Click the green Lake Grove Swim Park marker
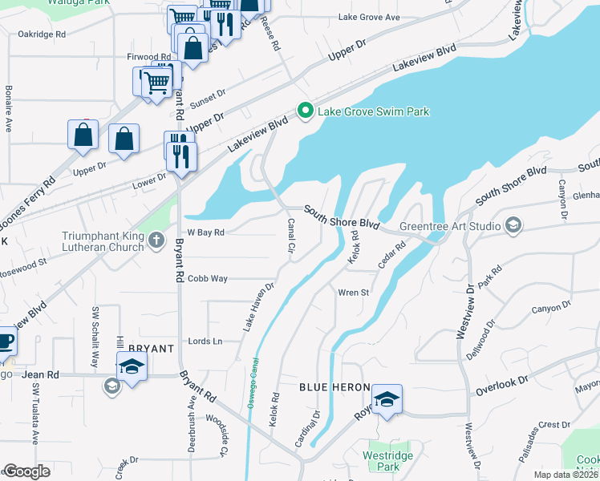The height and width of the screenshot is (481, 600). (305, 111)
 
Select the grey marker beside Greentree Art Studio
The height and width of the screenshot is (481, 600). (513, 226)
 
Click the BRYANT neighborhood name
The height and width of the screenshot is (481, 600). (152, 349)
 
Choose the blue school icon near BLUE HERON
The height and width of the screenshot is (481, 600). (387, 399)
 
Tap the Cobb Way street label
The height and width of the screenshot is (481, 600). (208, 279)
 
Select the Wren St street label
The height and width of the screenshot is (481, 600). (353, 293)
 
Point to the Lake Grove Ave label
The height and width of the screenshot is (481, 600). (368, 17)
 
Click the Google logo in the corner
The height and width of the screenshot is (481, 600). (26, 471)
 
